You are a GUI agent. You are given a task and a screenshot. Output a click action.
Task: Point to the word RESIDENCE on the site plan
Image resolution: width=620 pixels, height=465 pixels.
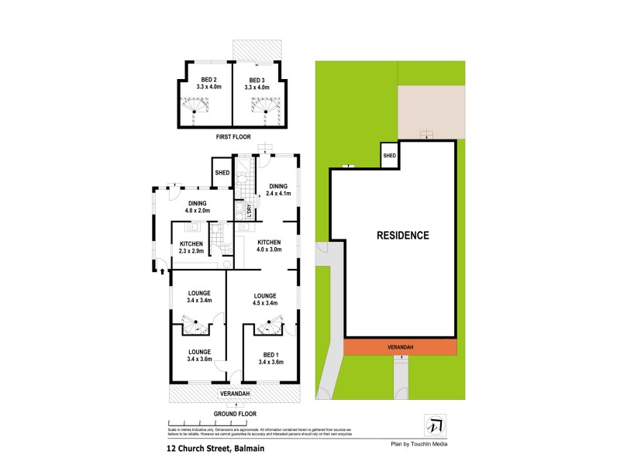pos(403,235)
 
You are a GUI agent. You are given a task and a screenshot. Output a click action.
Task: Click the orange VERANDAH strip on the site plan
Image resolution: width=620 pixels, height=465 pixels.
pos(400,348)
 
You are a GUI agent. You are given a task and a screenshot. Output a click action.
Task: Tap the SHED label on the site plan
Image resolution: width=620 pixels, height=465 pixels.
pos(389,157)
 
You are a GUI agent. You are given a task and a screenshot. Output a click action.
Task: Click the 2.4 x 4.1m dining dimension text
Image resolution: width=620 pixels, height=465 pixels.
pos(277,194)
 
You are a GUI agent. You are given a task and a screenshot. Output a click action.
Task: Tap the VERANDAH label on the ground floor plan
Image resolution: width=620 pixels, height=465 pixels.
pos(233,394)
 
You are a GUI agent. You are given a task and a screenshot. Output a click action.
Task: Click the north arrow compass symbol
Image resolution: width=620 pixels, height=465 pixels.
pos(432,425)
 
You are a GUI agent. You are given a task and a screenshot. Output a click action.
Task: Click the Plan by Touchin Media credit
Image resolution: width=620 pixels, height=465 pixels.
pos(418,444)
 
